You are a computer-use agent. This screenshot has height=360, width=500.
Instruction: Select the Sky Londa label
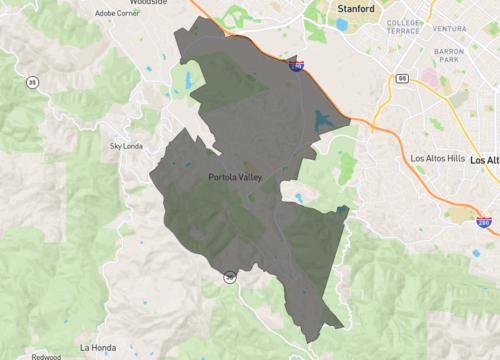(127, 145)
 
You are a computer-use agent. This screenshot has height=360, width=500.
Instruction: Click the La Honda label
(98, 347)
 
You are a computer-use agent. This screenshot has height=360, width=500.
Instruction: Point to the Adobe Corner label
(117, 13)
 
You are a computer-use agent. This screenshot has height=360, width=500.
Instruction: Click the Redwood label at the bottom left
(45, 356)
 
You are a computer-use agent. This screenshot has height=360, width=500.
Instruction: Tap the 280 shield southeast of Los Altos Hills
(484, 223)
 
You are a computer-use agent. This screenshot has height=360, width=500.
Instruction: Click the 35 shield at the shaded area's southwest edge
(229, 277)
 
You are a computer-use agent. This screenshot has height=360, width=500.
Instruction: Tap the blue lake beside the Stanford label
(341, 24)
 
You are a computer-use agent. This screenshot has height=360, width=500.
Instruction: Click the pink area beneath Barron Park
(430, 76)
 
